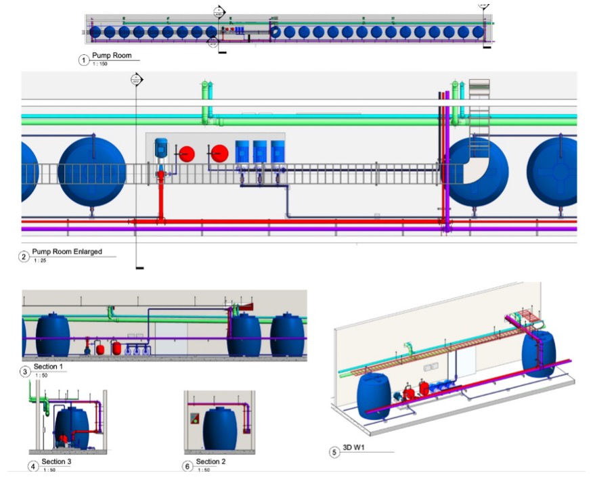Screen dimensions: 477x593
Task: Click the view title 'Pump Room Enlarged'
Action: (x=66, y=252)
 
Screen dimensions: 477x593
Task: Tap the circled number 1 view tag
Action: (x=84, y=60)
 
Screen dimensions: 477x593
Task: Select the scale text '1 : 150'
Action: (x=100, y=64)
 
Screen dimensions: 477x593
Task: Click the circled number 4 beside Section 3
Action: (x=32, y=466)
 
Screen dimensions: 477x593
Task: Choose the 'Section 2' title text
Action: (x=211, y=462)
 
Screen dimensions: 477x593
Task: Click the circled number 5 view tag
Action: (x=334, y=452)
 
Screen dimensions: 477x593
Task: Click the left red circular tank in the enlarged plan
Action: (x=186, y=154)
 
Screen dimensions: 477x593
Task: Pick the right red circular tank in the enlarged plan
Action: (x=219, y=154)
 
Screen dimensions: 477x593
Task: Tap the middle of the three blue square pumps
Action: (x=260, y=151)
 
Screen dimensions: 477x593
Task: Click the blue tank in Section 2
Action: (x=220, y=430)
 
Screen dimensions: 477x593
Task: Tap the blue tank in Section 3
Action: (x=72, y=426)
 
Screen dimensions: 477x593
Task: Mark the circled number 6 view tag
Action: (x=188, y=466)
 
